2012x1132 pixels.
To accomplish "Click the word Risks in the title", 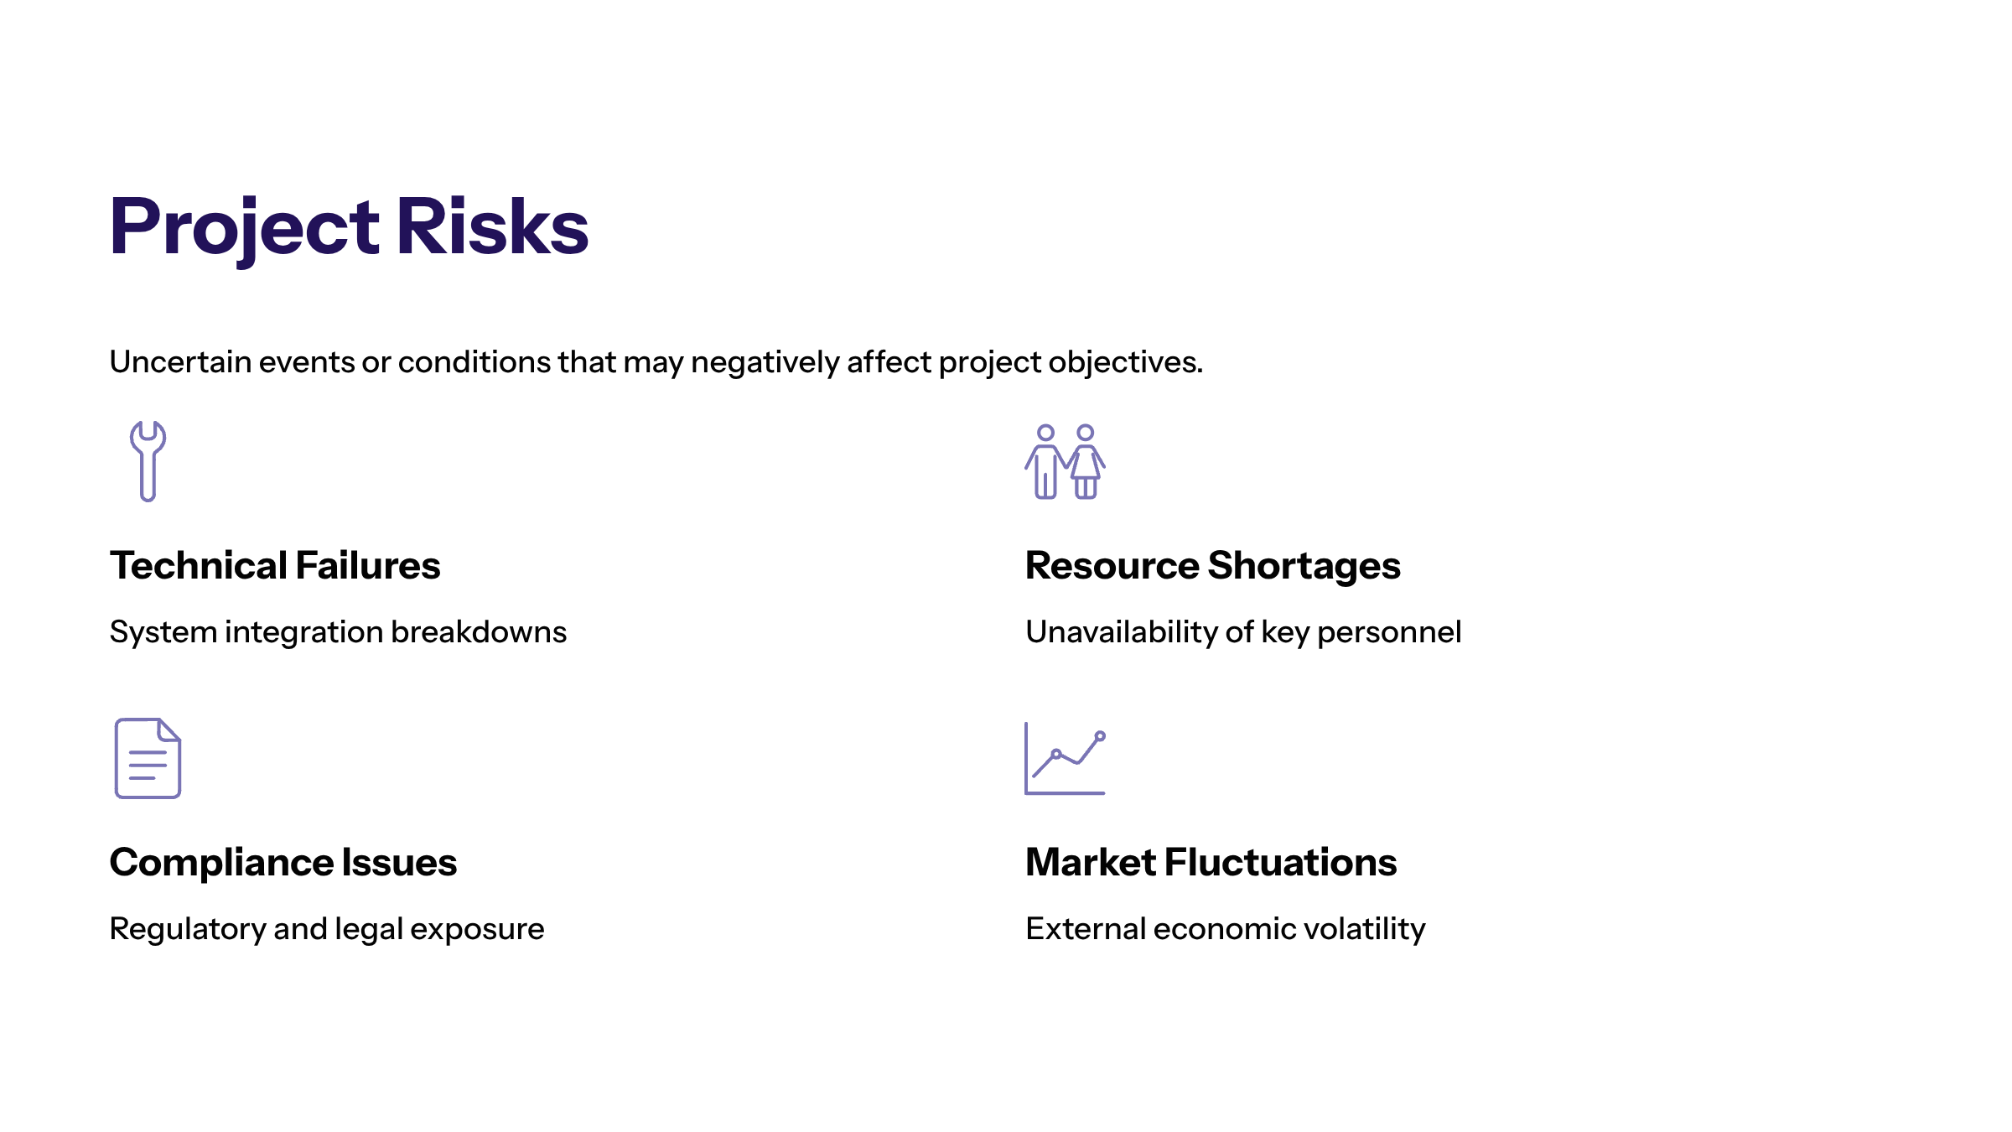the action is pos(493,226).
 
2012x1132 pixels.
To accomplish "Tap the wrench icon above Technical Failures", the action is pos(148,461).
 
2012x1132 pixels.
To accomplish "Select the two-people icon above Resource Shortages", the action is pos(1065,462).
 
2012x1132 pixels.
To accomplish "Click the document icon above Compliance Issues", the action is pos(148,758).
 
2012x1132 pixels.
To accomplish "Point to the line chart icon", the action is pos(1065,758).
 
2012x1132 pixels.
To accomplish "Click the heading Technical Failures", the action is pos(275,565).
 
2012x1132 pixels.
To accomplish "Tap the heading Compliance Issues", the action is pos(283,864).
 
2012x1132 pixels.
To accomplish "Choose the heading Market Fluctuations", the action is pos(1211,862).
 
